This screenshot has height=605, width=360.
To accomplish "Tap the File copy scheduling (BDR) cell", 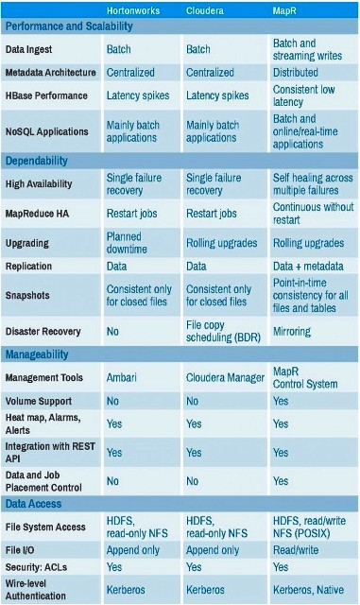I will (224, 331).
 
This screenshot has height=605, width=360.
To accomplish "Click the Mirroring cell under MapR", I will (292, 332).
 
